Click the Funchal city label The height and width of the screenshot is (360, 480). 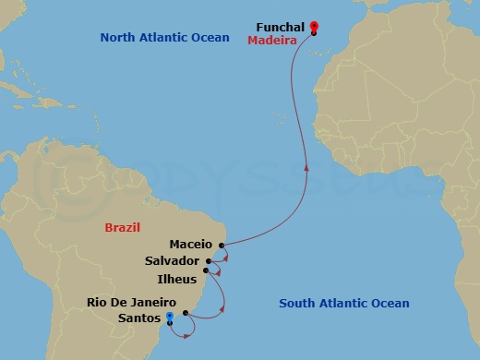pyautogui.click(x=280, y=28)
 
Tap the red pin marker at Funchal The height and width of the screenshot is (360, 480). pyautogui.click(x=314, y=27)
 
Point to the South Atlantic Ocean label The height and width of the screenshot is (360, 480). pyautogui.click(x=344, y=303)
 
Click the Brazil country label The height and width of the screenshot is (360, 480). pyautogui.click(x=123, y=227)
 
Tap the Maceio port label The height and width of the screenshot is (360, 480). pyautogui.click(x=191, y=246)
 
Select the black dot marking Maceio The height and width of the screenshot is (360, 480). pyautogui.click(x=222, y=246)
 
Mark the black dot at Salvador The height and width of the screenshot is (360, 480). pyautogui.click(x=210, y=261)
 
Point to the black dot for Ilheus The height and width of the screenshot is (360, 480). pyautogui.click(x=206, y=270)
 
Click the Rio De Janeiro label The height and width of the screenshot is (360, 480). pyautogui.click(x=133, y=302)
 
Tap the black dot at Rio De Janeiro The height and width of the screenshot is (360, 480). pyautogui.click(x=186, y=313)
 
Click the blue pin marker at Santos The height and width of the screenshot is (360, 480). pyautogui.click(x=169, y=317)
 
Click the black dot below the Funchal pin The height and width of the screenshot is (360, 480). pyautogui.click(x=314, y=33)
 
